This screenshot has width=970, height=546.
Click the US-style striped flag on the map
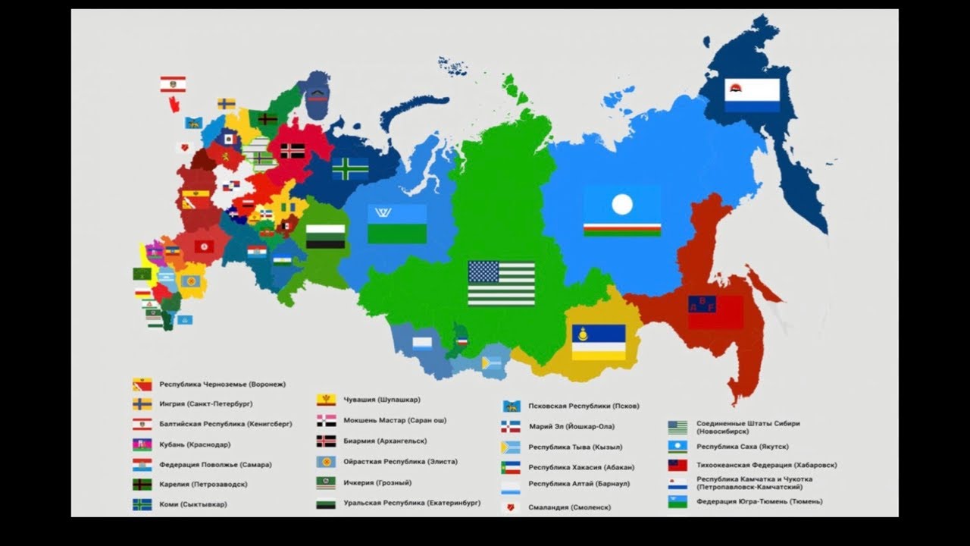point(501,284)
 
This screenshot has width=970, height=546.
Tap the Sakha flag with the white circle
point(622,212)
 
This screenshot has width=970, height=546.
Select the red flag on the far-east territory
point(715,312)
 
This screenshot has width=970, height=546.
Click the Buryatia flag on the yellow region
point(598,342)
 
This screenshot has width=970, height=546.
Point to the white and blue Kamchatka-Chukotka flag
point(752,96)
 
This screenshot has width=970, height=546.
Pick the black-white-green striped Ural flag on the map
point(325,237)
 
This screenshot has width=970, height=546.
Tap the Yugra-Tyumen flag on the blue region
point(397,224)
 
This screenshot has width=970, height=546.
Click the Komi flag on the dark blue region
point(350,168)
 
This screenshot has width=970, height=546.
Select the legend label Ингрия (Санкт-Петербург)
point(206,404)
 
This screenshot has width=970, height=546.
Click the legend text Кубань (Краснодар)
point(195,444)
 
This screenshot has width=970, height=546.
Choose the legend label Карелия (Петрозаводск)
point(203,484)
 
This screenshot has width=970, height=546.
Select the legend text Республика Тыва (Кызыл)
point(575,447)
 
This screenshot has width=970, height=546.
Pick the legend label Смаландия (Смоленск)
point(569,507)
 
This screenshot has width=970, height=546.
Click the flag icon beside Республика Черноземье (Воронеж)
point(142,384)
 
